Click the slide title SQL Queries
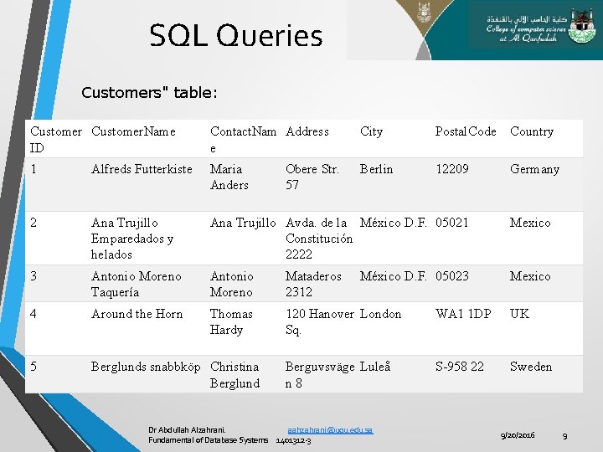(x=235, y=36)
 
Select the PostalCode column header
(x=465, y=131)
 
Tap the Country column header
(x=532, y=131)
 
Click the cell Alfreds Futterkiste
(x=142, y=169)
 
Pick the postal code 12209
(x=452, y=169)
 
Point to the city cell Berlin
(x=376, y=169)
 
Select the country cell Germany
(x=534, y=169)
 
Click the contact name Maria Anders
(x=229, y=177)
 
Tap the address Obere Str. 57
(x=312, y=177)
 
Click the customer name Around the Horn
(x=137, y=314)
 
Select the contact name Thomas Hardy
(x=231, y=321)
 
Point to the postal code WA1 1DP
(x=463, y=314)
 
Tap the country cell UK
(x=519, y=314)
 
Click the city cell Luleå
(x=375, y=367)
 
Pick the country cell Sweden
(x=531, y=367)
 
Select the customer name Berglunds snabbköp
(x=146, y=367)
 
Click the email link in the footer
(x=330, y=429)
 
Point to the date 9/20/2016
(x=517, y=435)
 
